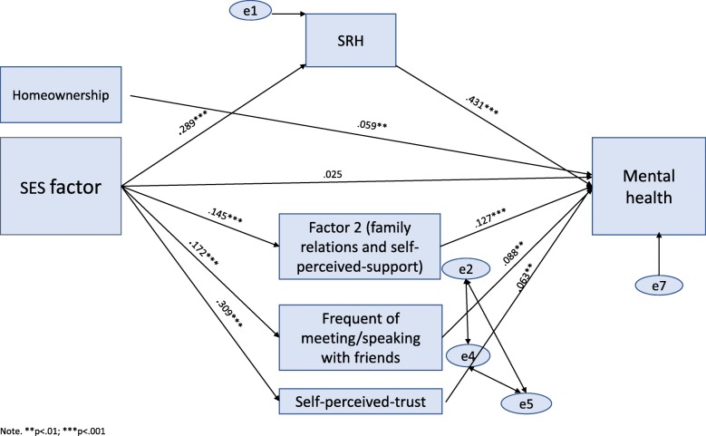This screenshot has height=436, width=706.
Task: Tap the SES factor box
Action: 61,189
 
